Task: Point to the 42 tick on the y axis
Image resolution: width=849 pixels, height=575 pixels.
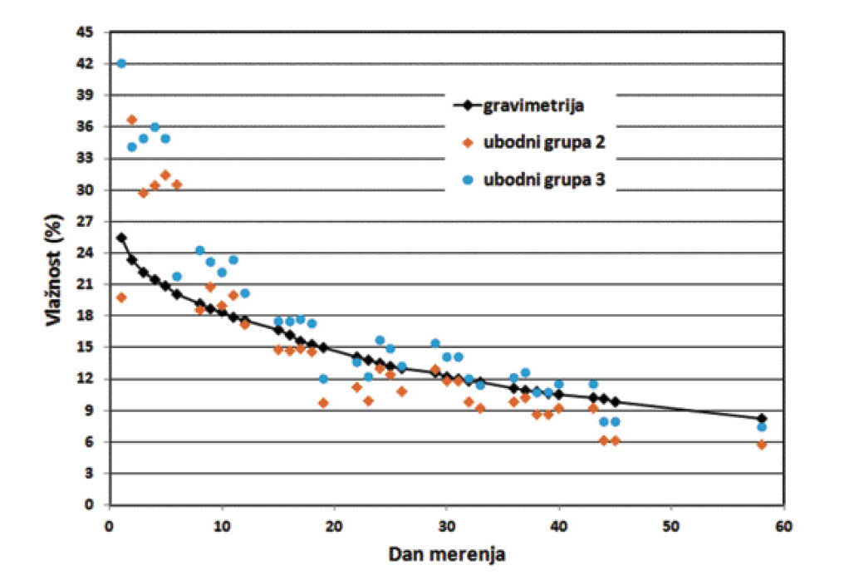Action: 86,64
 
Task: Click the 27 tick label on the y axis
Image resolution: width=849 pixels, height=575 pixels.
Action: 86,222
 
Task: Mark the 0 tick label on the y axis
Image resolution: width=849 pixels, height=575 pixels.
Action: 90,504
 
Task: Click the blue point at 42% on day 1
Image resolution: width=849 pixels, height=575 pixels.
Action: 121,64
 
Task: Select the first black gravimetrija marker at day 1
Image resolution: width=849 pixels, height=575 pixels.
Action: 121,238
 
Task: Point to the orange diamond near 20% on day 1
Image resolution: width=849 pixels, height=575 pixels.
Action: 121,297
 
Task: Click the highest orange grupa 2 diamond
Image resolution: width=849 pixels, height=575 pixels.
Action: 132,120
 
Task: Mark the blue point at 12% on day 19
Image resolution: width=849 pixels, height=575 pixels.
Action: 323,379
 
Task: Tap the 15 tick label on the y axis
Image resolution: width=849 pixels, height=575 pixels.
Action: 86,347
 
